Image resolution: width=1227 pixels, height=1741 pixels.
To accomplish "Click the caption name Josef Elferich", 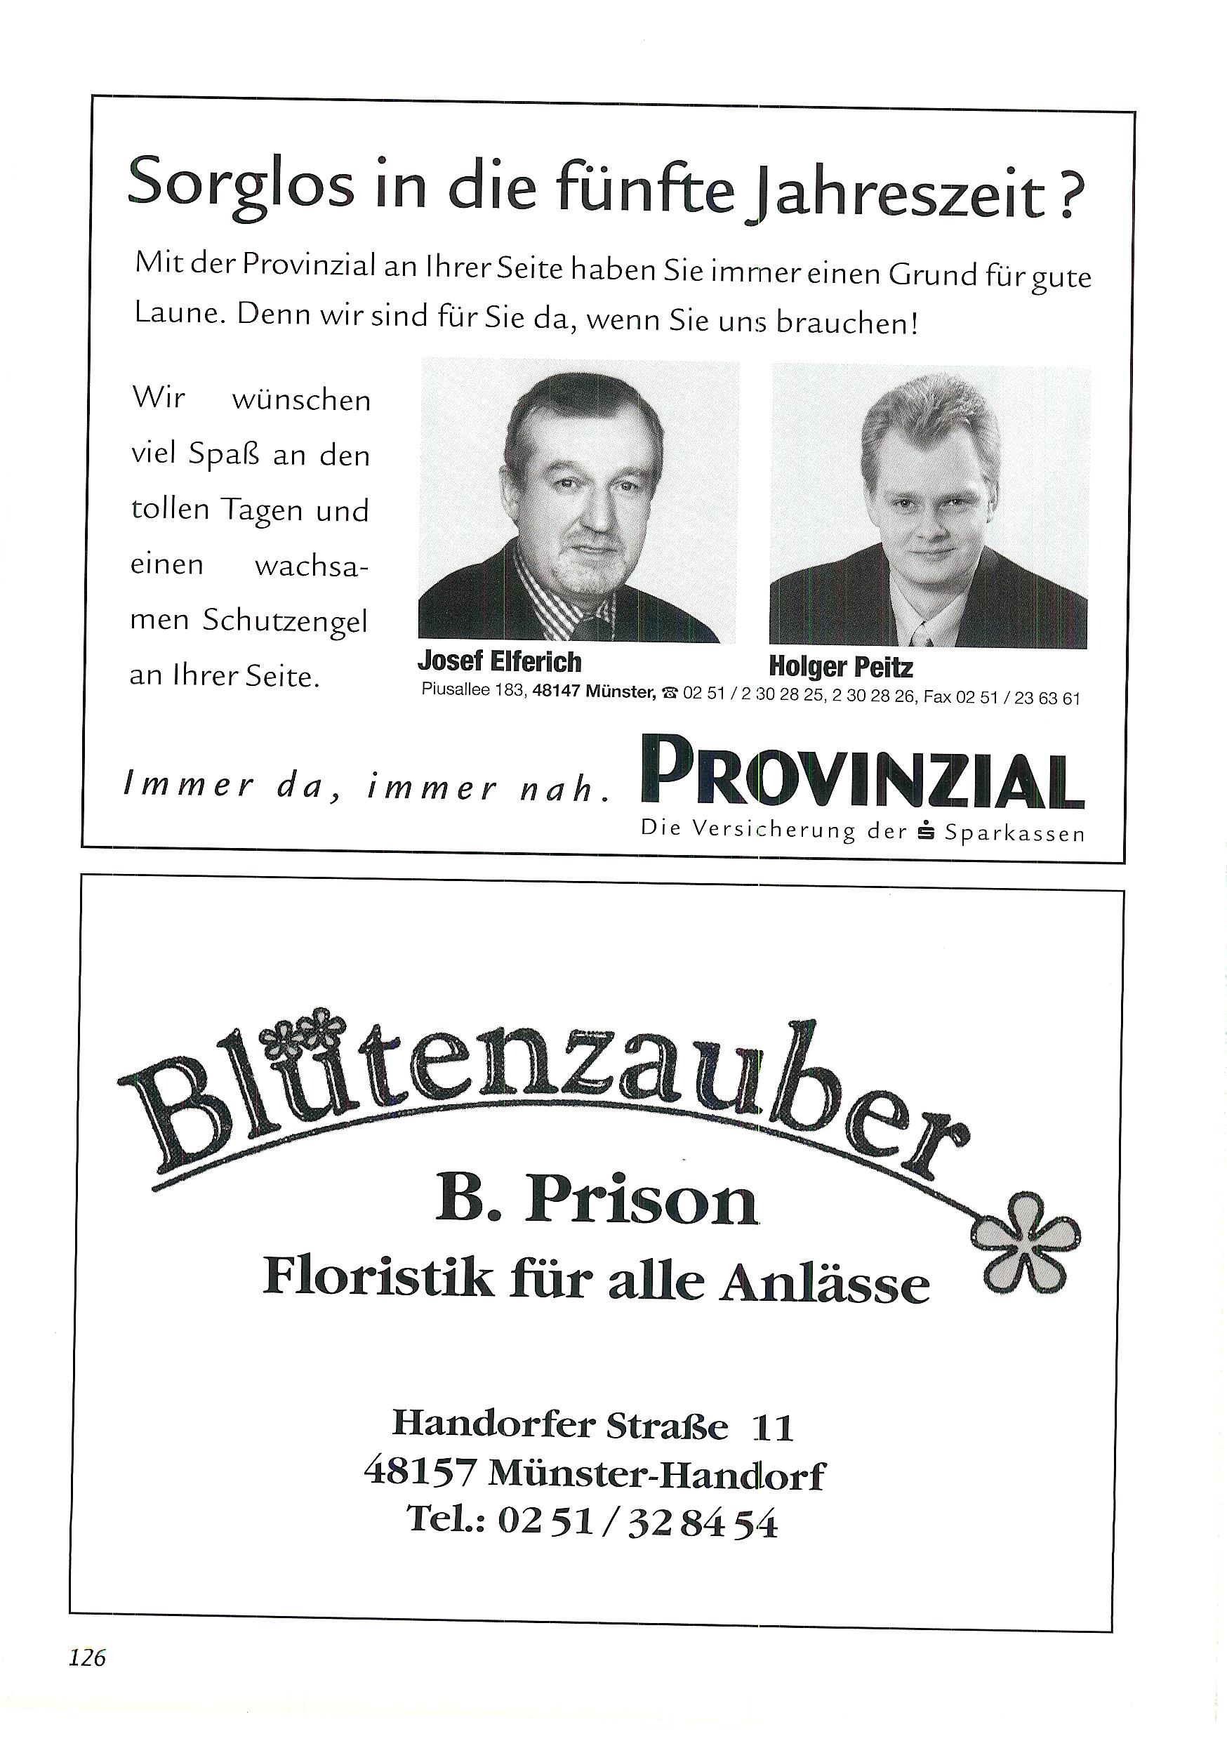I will (x=499, y=662).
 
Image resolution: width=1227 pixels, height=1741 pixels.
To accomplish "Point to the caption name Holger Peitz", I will (x=840, y=668).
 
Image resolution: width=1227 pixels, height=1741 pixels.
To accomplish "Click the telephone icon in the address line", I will (x=670, y=692).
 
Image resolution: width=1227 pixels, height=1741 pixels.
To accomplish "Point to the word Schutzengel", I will (x=284, y=622).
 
